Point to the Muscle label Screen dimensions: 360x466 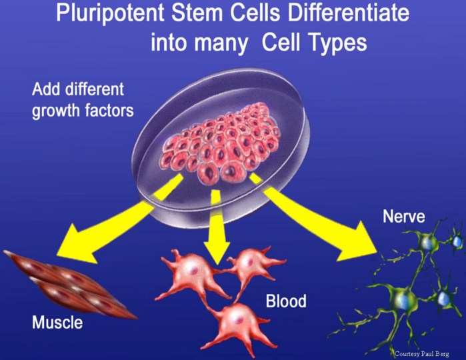57,323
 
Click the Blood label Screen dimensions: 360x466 286,301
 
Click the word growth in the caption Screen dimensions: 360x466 55,109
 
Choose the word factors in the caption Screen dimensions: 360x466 107,109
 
